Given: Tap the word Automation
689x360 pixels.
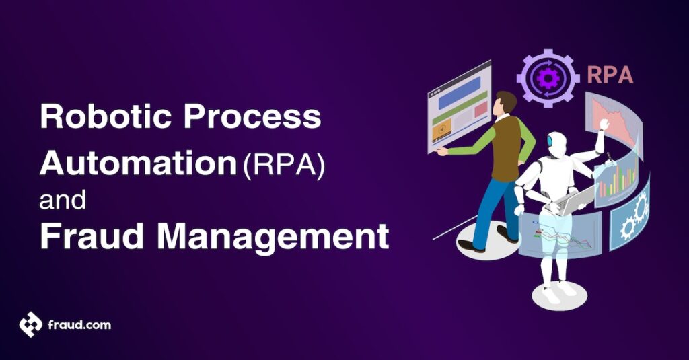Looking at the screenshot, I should tap(134, 163).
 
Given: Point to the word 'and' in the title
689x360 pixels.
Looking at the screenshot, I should tap(61, 200).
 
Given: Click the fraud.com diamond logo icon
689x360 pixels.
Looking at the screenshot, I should tap(30, 325).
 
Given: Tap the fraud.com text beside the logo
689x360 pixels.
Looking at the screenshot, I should tap(79, 326).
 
